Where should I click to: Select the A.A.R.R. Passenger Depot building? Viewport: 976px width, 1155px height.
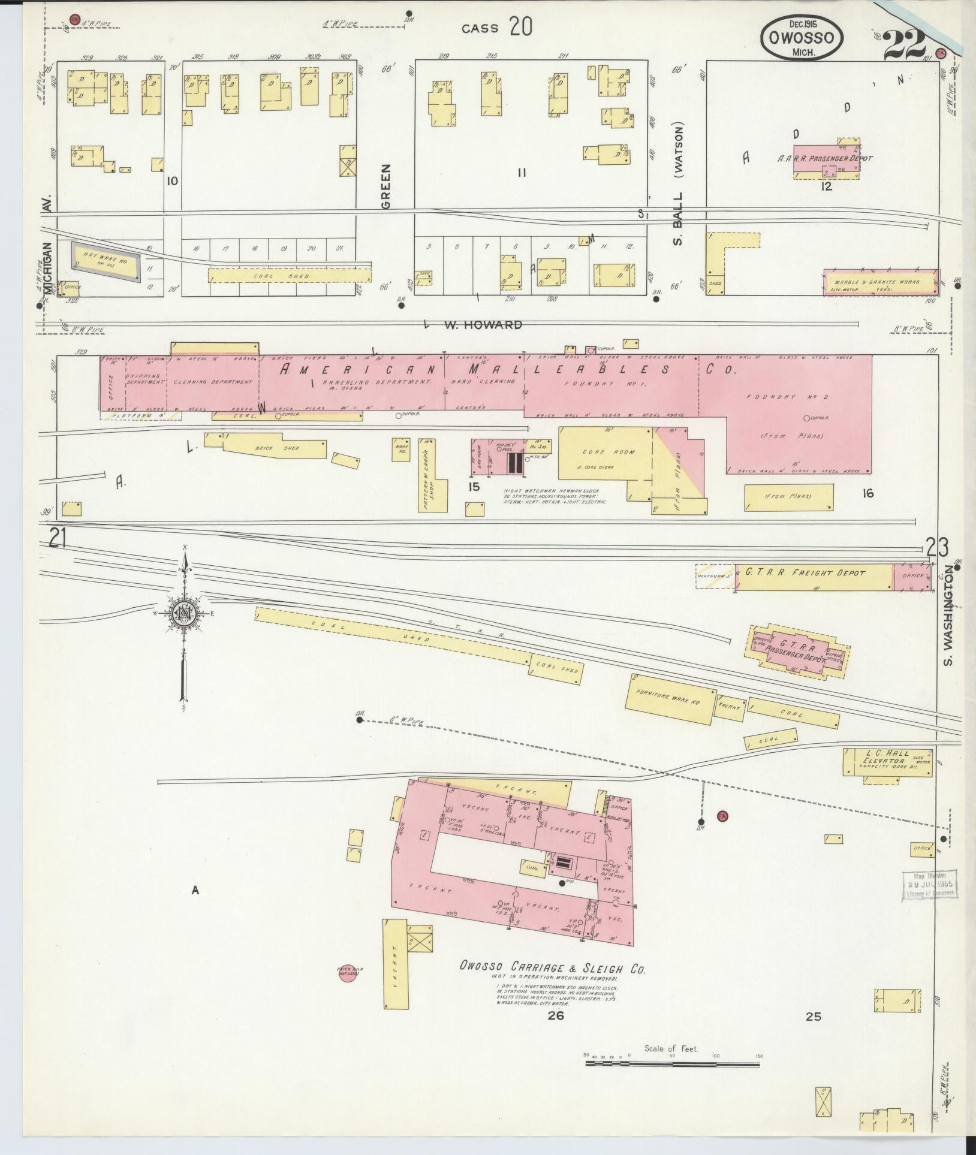pyautogui.click(x=826, y=160)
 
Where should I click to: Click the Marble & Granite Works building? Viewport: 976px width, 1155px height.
pyautogui.click(x=880, y=282)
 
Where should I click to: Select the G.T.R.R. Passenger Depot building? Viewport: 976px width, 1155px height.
pyautogui.click(x=798, y=651)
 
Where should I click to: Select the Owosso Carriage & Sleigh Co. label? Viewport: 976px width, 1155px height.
pyautogui.click(x=552, y=968)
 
